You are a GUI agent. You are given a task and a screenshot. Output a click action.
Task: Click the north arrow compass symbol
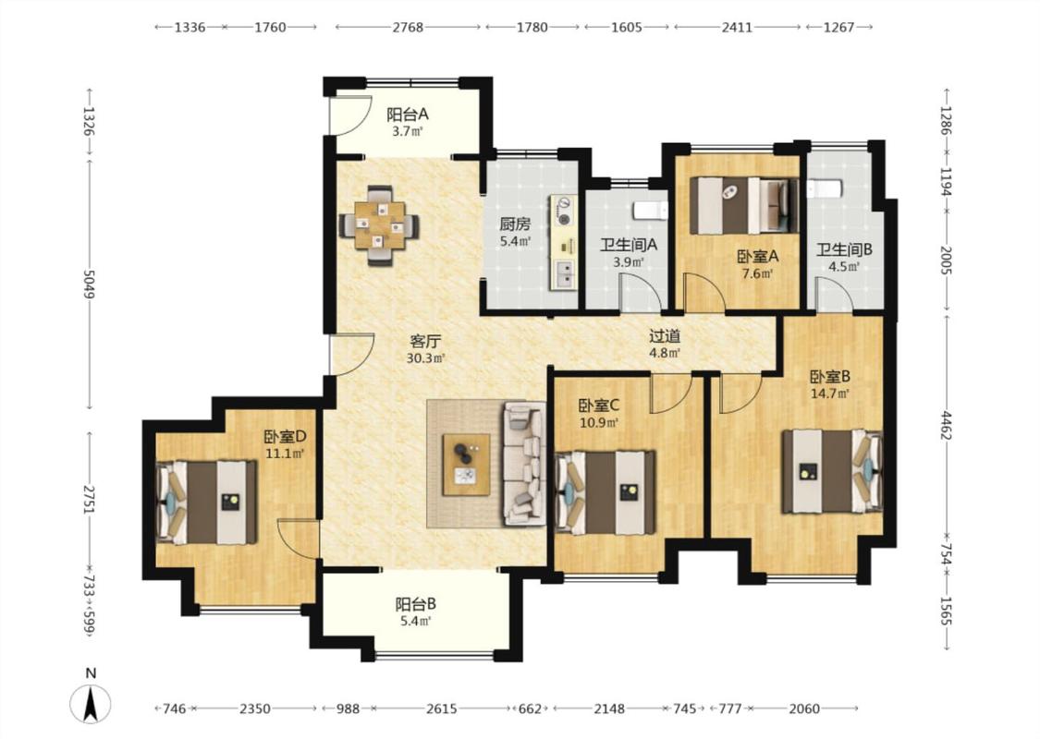point(91,703)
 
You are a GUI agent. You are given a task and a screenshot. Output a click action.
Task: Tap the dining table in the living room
point(379,225)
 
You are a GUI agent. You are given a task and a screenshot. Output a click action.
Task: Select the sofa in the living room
point(524,464)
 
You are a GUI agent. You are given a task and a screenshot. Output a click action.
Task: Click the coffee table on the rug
point(467,465)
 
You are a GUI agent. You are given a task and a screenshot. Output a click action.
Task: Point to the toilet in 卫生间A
point(650,211)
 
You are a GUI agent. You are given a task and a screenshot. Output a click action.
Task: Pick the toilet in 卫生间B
point(825,188)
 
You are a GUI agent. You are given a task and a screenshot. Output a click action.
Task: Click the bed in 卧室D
point(206,503)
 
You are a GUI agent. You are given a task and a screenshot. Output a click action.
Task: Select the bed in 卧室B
point(832,472)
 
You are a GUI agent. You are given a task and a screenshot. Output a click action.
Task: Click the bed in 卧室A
point(743,205)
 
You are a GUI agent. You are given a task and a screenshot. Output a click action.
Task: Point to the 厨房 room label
point(515,224)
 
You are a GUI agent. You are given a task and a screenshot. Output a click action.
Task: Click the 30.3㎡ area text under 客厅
point(425,358)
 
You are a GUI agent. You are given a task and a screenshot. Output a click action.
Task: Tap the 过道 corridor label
point(665,336)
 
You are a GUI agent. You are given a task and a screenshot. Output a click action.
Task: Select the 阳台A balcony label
point(408,115)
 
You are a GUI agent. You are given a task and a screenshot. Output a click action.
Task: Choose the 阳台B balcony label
point(416,604)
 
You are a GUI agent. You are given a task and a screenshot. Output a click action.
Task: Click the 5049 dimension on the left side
point(89,283)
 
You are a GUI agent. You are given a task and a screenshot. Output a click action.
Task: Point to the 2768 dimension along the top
point(408,27)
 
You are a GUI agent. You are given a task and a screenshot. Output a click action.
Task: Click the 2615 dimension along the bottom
point(441,709)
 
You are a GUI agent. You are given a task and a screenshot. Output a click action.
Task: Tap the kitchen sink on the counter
point(565,274)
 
